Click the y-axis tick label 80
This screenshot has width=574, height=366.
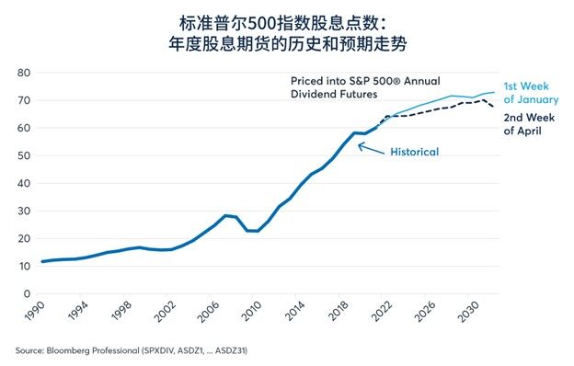pos(24,73)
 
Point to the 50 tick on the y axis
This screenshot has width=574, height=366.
pos(24,155)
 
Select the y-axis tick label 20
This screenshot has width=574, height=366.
pos(24,238)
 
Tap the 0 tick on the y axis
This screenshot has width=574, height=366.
pos(28,293)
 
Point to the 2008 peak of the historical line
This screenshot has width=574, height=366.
pos(226,216)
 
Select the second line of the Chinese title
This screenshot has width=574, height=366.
pos(287,42)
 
